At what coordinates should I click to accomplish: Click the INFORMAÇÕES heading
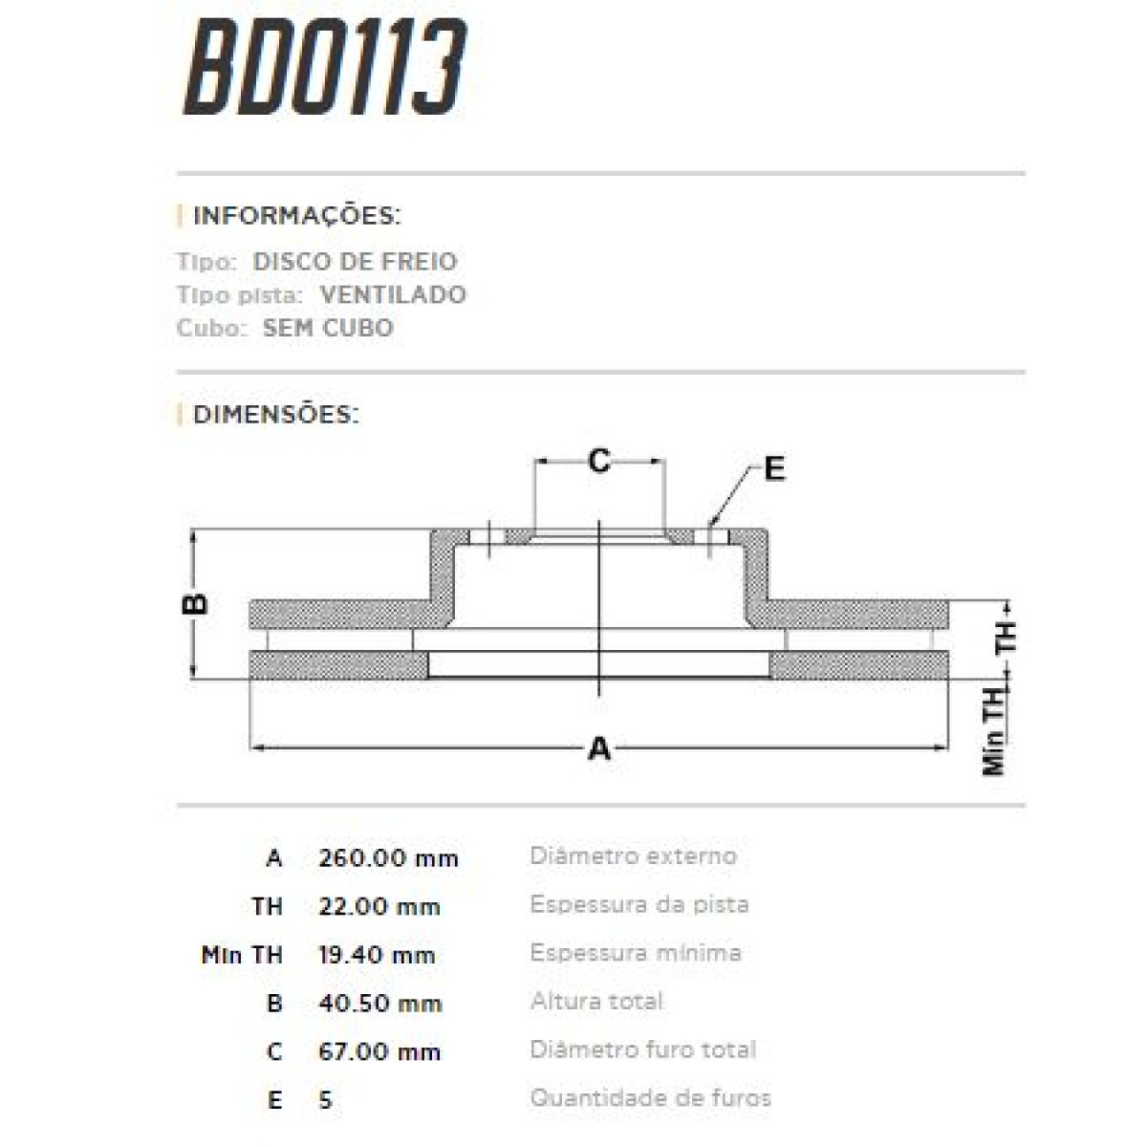296,216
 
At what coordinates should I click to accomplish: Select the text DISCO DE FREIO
355,261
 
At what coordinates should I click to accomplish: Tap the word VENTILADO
393,294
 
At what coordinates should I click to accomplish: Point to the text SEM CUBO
328,328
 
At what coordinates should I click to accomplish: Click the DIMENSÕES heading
275,415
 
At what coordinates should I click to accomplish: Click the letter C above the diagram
599,462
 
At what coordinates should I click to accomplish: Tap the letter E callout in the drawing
774,468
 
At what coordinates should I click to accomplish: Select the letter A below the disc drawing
599,748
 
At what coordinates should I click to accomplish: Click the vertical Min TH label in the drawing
995,731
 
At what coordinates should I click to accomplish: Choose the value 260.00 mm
388,857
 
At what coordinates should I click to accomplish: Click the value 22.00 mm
379,906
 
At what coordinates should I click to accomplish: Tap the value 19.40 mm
377,955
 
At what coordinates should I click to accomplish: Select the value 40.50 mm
379,1004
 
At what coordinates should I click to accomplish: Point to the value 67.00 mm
379,1052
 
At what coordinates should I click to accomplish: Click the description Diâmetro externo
633,855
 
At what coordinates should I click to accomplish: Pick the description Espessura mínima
636,953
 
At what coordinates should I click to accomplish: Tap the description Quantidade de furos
650,1098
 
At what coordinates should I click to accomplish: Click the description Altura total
596,1001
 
